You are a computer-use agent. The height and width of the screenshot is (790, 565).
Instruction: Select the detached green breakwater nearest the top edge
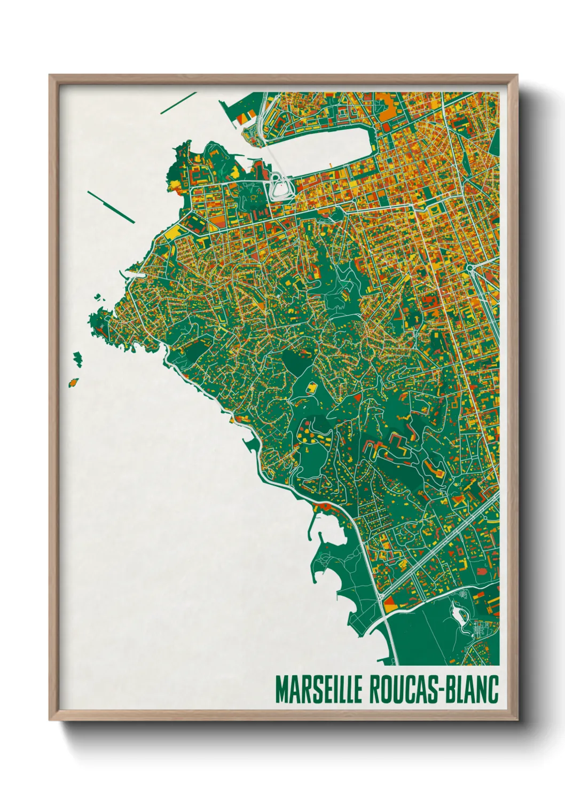click(178, 103)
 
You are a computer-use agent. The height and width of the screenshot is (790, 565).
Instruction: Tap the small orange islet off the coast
click(73, 382)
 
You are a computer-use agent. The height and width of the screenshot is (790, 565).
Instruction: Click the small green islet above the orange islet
click(78, 358)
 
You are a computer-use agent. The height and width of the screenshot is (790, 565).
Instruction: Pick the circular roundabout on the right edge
click(470, 267)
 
